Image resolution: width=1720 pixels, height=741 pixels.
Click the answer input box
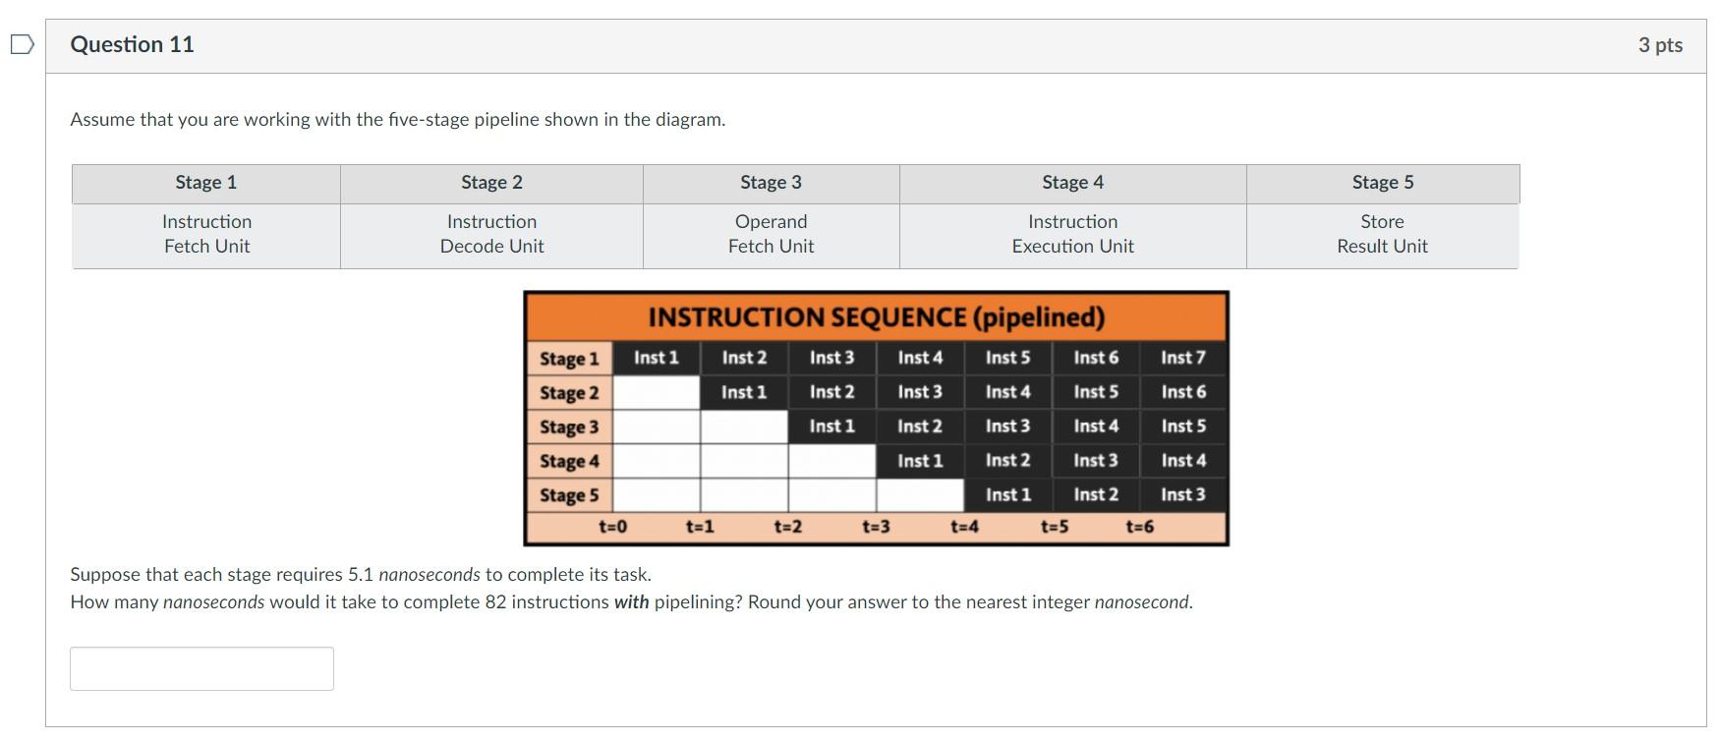pos(201,668)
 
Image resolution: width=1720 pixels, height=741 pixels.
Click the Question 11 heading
pos(132,44)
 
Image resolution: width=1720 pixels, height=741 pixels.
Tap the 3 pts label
pos(1660,45)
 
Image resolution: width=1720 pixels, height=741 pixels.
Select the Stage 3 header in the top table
pos(771,183)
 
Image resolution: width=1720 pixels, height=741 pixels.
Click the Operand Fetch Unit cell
pos(771,234)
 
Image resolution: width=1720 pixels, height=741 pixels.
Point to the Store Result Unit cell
pos(1382,234)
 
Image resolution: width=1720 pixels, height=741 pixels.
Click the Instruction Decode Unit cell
pos(491,234)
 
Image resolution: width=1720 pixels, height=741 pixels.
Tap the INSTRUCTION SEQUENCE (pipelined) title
pos(876,317)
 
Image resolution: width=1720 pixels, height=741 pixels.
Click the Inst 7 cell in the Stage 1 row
pos(1182,358)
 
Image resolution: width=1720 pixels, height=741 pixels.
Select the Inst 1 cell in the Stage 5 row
pos(1007,495)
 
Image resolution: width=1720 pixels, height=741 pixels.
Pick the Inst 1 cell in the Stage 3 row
pos(831,427)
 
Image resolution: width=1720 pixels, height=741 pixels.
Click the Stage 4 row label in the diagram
pos(568,461)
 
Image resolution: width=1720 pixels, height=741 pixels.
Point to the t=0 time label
pos(612,527)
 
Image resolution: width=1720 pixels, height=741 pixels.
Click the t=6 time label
pos(1139,527)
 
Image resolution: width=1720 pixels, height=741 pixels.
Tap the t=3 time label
pos(876,527)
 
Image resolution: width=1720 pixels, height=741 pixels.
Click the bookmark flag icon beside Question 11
pos(22,44)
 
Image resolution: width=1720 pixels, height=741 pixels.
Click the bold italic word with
pos(631,602)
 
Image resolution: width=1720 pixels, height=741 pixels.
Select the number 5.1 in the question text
pos(361,575)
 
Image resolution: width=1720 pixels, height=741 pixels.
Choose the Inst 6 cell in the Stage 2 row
pos(1182,392)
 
